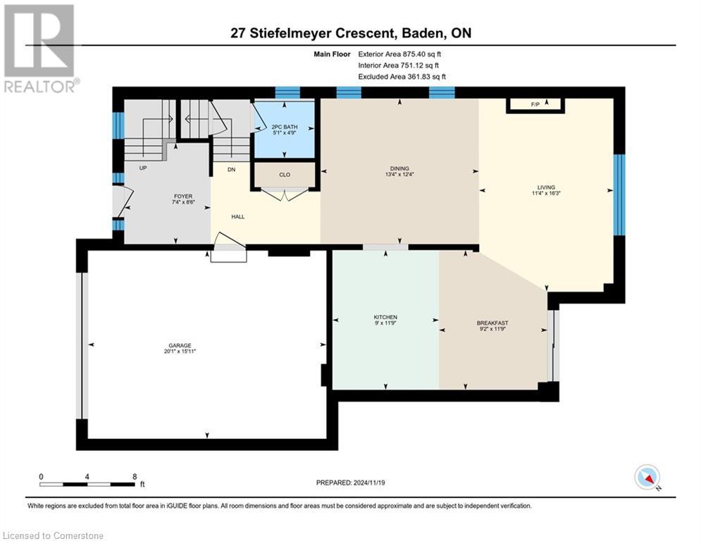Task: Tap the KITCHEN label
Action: pos(386,318)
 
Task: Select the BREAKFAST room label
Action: pos(492,323)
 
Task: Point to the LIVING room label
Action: pos(546,187)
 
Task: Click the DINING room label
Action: pos(399,168)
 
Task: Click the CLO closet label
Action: pos(285,175)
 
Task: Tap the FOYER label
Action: pos(164,197)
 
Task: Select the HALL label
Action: pos(238,216)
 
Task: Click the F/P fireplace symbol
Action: pos(535,105)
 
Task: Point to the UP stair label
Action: pos(142,168)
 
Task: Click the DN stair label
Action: pos(230,169)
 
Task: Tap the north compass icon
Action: pos(646,477)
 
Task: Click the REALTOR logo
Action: pos(39,49)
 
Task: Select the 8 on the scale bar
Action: pos(134,476)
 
